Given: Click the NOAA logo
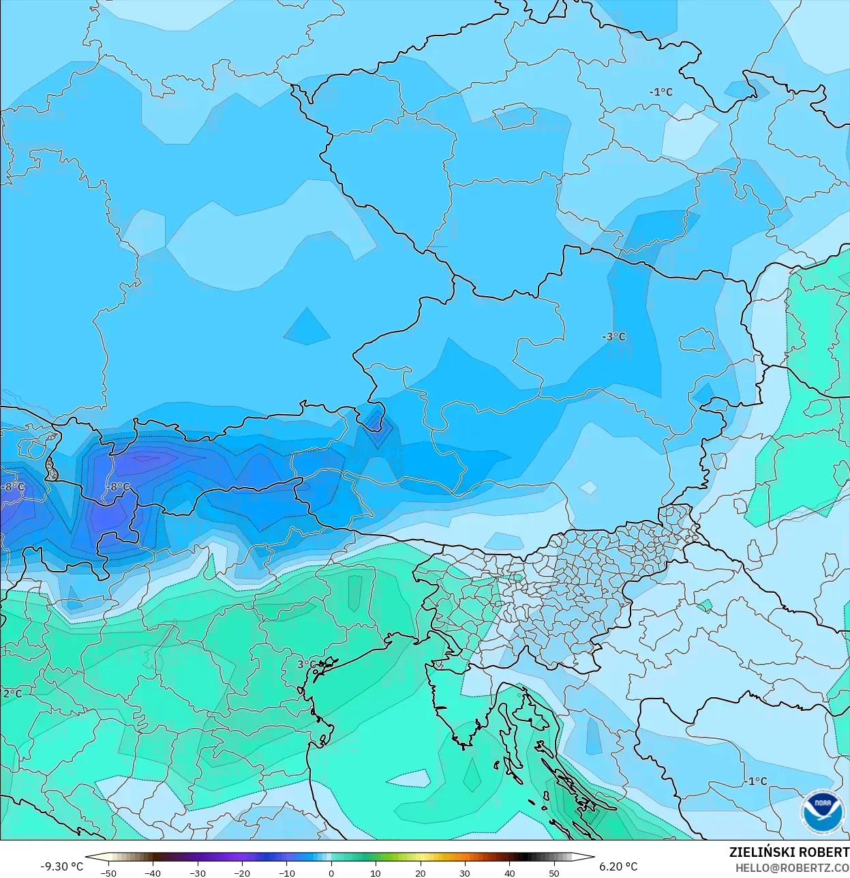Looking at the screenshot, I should [x=823, y=811].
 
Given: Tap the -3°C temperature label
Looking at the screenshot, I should [x=613, y=337].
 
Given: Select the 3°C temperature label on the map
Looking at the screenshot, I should [x=307, y=664].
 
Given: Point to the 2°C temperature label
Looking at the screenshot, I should [x=12, y=694].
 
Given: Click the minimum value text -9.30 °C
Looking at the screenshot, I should [x=61, y=866].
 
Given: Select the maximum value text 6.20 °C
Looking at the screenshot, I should [x=618, y=866].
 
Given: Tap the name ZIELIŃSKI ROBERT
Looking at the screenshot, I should [x=789, y=853].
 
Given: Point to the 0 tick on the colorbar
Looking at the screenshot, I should [x=331, y=873].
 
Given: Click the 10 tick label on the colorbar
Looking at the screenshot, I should [x=376, y=873].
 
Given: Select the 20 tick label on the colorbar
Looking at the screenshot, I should [x=420, y=873].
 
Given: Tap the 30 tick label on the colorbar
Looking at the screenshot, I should [x=465, y=873].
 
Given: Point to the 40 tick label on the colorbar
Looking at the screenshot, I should [x=509, y=873].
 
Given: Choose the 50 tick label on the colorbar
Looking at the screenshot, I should [x=554, y=873].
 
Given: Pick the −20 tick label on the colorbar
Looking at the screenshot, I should [x=241, y=873].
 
